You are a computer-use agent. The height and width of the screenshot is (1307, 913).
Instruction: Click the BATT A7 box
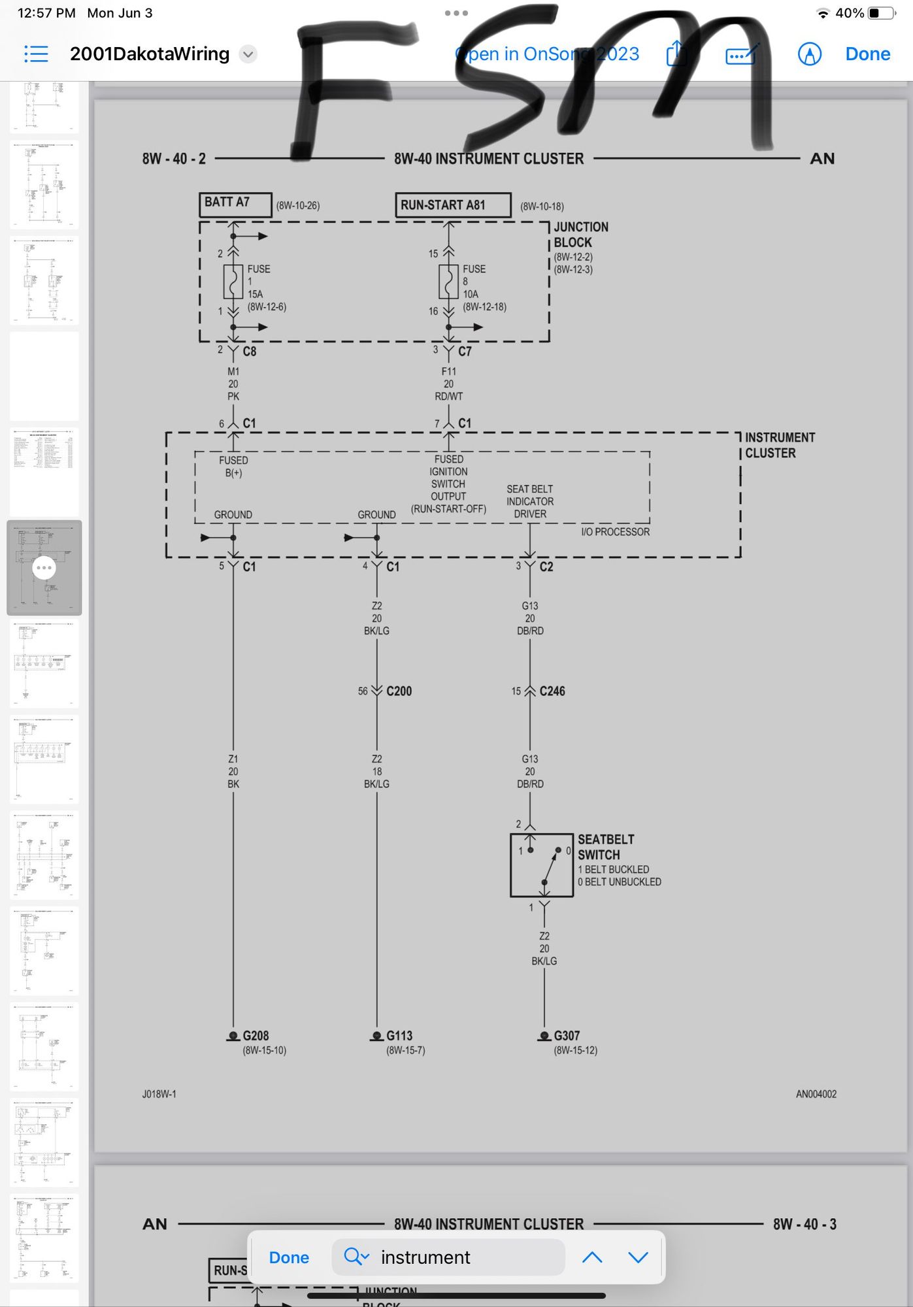(x=235, y=204)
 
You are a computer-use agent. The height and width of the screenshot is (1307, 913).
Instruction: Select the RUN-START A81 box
(x=452, y=205)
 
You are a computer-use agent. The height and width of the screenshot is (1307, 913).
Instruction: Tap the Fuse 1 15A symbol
(x=233, y=282)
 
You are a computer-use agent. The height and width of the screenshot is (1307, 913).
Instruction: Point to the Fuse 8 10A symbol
(x=448, y=282)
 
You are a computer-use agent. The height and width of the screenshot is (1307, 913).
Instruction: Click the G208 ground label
(x=256, y=1036)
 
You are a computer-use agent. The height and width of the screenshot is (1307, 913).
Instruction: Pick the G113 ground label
(x=399, y=1036)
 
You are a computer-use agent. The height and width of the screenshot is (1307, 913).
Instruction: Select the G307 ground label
(x=567, y=1036)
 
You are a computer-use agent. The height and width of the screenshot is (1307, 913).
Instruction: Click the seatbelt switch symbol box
(x=542, y=865)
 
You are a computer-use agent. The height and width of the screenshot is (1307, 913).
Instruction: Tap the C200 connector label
(x=399, y=691)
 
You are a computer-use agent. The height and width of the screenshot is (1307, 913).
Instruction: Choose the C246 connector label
(x=552, y=691)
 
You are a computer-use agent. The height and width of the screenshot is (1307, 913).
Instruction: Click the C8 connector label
(x=250, y=352)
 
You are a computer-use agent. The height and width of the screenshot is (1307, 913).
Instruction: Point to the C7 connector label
(x=465, y=352)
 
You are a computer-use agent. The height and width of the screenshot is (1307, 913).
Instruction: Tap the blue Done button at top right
(x=867, y=54)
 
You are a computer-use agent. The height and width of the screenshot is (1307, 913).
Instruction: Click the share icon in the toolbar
(x=676, y=54)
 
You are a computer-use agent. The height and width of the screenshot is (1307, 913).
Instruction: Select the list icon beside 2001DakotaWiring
(x=36, y=54)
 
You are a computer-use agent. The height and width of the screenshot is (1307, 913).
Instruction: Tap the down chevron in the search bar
(x=638, y=1257)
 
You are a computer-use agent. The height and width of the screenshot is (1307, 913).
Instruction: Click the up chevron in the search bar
(x=592, y=1257)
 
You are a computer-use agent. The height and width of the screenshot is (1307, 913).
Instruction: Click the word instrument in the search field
(x=425, y=1257)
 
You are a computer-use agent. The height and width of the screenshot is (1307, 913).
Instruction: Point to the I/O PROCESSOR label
(x=615, y=532)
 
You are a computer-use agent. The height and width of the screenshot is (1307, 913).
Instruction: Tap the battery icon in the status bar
(x=881, y=13)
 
